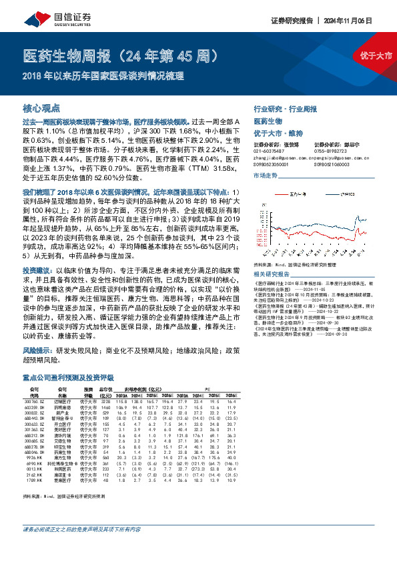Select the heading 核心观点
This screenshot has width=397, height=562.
(41, 107)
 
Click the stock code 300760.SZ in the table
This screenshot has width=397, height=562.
(33, 401)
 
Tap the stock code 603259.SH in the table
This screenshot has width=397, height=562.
(33, 407)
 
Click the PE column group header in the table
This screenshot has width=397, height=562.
(208, 388)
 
